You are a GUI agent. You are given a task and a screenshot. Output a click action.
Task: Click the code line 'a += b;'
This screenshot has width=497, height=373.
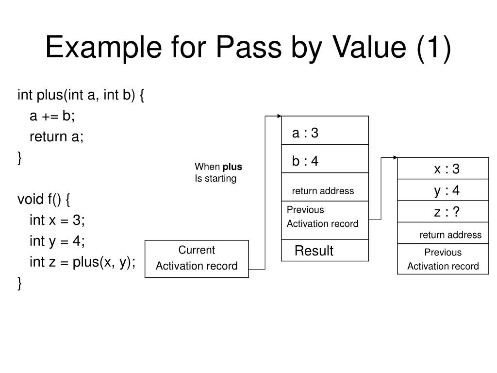click(x=52, y=116)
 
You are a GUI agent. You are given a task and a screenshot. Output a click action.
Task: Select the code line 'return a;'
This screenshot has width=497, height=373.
click(x=57, y=136)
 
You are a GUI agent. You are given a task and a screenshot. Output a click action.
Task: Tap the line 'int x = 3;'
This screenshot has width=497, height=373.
click(x=57, y=220)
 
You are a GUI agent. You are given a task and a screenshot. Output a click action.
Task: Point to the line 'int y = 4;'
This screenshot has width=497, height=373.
click(x=57, y=241)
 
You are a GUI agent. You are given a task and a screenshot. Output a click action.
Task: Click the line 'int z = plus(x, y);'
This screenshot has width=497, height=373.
click(x=83, y=262)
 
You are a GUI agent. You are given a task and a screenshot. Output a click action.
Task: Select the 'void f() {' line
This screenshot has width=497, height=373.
click(x=44, y=199)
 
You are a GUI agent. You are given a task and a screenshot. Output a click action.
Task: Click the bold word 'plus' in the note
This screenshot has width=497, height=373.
click(x=232, y=167)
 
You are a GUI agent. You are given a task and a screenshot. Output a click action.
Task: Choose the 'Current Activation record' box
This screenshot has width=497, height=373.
click(x=197, y=258)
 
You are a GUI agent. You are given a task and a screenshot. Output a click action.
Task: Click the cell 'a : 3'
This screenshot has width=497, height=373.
click(x=325, y=133)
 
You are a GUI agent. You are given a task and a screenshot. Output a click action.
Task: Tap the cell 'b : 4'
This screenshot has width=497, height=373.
click(x=325, y=161)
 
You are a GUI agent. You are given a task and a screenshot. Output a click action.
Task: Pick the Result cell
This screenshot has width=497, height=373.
click(x=325, y=251)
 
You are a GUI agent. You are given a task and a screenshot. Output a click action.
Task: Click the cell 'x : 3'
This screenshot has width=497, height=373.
click(x=443, y=169)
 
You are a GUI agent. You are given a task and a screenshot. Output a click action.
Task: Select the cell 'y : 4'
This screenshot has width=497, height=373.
click(x=443, y=190)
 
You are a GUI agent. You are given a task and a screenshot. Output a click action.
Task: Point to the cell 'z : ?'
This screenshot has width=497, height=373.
click(x=443, y=212)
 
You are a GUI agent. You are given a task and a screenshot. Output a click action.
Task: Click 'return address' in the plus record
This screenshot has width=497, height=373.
click(x=323, y=191)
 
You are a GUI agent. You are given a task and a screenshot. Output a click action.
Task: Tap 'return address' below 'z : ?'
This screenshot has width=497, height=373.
click(x=450, y=235)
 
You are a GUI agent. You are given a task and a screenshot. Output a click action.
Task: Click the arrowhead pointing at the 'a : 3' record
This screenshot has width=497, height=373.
click(x=279, y=116)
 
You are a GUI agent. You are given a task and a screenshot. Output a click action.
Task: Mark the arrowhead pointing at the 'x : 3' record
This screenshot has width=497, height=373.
click(x=395, y=157)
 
